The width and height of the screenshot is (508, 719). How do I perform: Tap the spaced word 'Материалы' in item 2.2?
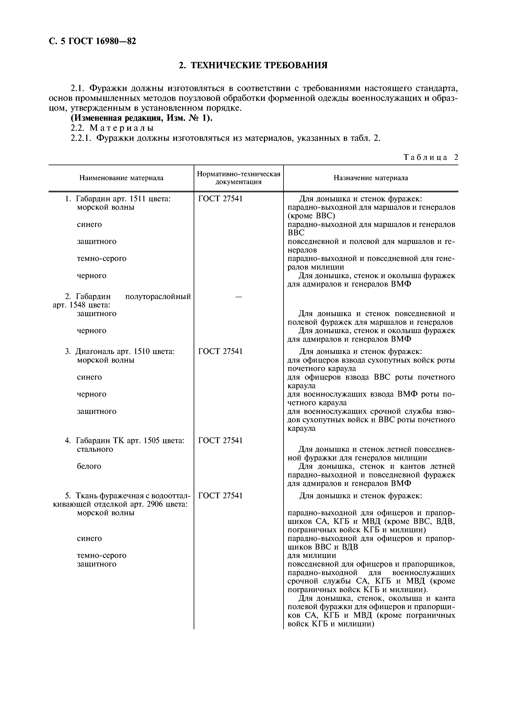click(122, 128)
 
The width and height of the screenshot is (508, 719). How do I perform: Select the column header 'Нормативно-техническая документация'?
click(239, 178)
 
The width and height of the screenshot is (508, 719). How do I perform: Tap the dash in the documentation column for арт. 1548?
click(239, 297)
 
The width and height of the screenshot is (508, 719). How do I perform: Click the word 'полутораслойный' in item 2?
click(158, 297)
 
